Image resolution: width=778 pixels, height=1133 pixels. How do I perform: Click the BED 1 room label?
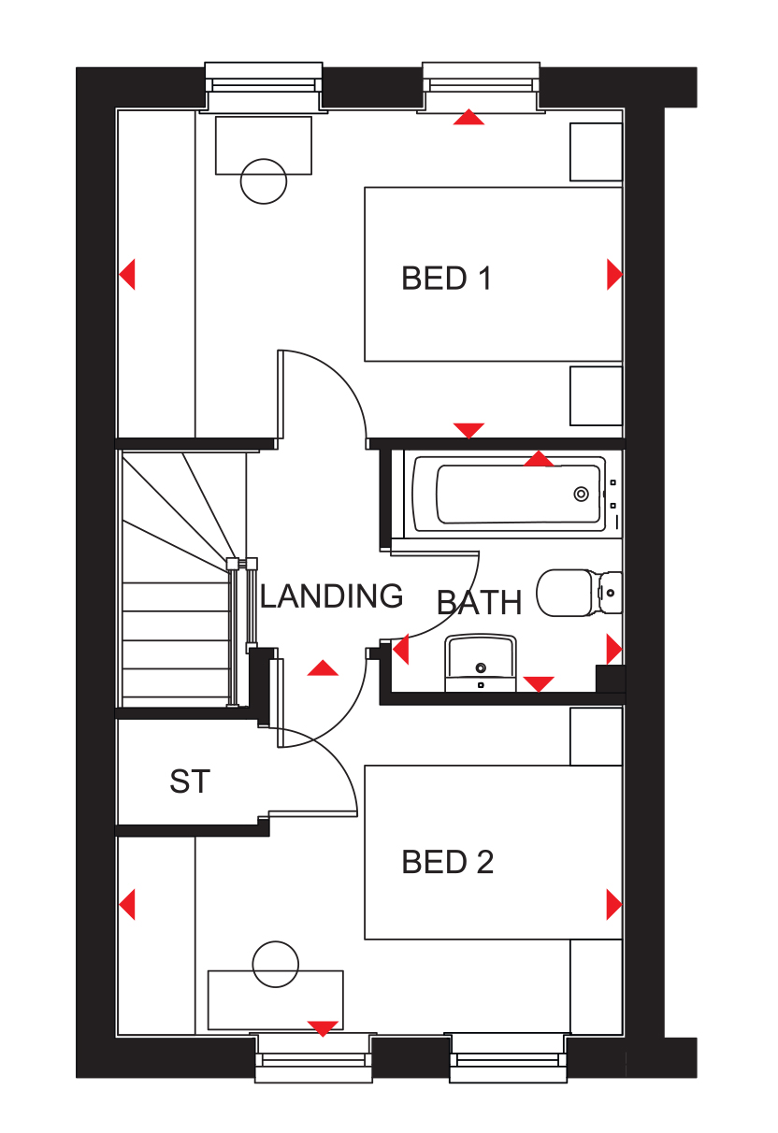[x=446, y=279]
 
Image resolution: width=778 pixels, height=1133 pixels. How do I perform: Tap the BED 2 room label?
[x=447, y=861]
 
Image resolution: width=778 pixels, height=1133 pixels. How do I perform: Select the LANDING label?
[x=331, y=595]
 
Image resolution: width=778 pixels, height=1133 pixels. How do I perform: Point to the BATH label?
[x=479, y=602]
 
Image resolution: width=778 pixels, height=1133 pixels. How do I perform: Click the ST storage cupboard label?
[x=190, y=781]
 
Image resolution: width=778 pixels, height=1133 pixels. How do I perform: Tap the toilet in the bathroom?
[x=579, y=594]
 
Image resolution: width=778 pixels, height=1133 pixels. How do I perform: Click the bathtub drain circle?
[x=581, y=494]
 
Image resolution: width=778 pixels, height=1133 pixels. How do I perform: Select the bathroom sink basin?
[x=481, y=663]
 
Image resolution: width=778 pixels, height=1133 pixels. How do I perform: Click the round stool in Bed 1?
[x=264, y=181]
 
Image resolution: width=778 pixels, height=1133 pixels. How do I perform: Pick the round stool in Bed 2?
[x=276, y=964]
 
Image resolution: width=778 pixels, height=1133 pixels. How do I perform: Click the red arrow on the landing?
[x=323, y=668]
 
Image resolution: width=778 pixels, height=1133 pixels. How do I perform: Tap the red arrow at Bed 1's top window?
[x=468, y=117]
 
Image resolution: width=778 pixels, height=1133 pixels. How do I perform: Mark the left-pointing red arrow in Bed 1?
[x=127, y=274]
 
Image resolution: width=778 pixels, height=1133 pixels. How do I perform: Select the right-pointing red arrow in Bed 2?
[x=614, y=905]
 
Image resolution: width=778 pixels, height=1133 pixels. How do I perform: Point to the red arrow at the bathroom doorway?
[x=400, y=649]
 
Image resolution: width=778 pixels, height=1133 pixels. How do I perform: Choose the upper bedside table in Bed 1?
[x=596, y=151]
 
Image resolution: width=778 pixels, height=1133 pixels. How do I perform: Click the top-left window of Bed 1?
[x=264, y=86]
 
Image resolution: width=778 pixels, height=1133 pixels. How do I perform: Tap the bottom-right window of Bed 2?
[x=508, y=1057]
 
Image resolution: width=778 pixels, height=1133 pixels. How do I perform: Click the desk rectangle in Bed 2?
[x=276, y=1000]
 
